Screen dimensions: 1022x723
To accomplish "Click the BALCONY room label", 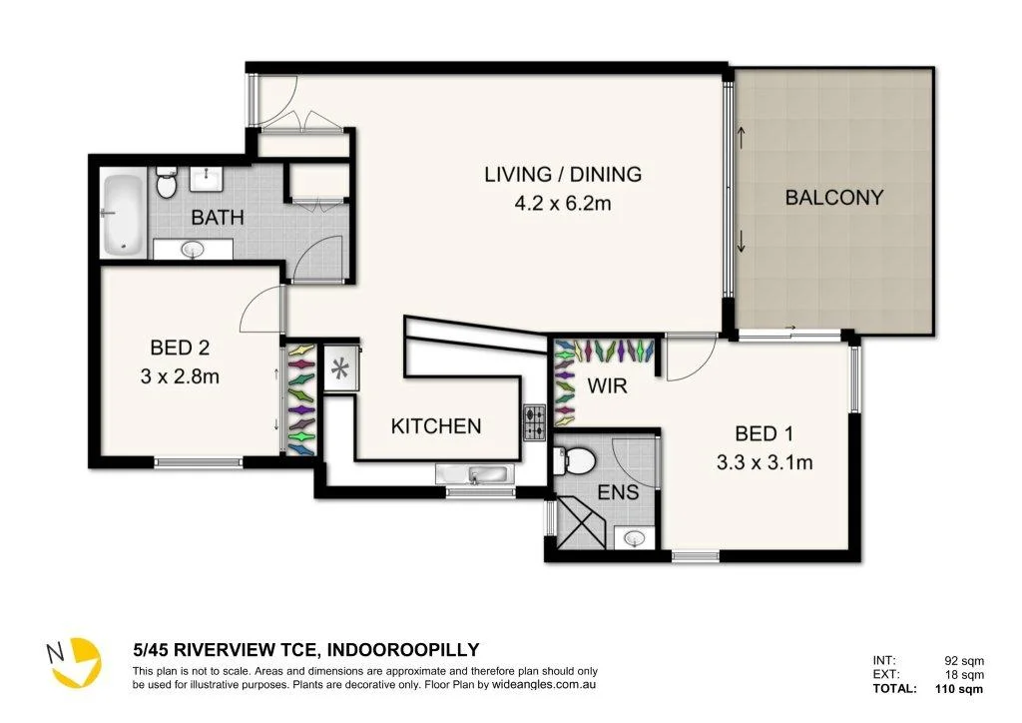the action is click(x=833, y=197).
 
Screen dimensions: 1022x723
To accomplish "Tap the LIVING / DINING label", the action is click(x=563, y=174).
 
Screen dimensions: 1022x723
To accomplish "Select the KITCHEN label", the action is click(x=436, y=425).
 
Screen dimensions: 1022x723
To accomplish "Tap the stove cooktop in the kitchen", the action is click(x=535, y=422).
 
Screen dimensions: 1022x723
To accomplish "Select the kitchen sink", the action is click(x=474, y=474).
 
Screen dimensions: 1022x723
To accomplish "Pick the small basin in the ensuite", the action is click(x=634, y=538).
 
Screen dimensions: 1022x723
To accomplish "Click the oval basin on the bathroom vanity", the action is click(x=193, y=249).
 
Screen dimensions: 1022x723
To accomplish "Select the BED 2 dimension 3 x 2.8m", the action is click(x=180, y=376).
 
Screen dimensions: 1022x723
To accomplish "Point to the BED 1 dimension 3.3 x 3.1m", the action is click(x=764, y=462).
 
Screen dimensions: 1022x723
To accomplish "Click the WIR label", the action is click(x=607, y=385).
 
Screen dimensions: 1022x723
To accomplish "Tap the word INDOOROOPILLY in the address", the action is click(x=403, y=649).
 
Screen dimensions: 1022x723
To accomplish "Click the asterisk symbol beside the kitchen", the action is click(x=339, y=369).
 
